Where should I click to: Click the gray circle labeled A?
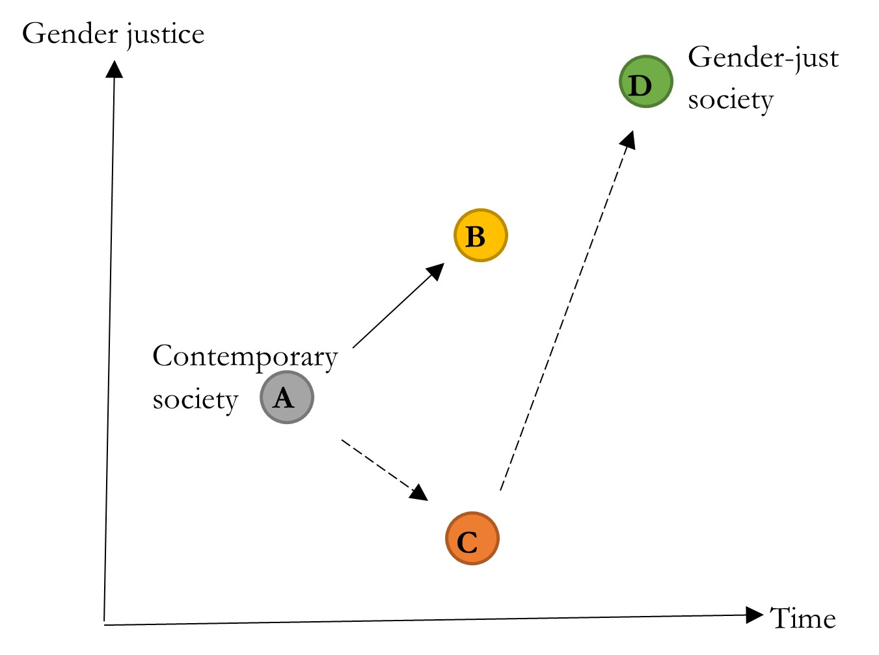point(287,397)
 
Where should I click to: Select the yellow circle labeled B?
point(480,235)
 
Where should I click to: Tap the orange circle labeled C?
point(472,539)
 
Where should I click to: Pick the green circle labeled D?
point(645,82)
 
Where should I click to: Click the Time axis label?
point(803,619)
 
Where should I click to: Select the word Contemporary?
point(245,357)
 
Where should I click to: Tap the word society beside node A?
point(195,399)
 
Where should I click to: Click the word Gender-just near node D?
point(763,59)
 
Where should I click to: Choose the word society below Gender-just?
point(731,100)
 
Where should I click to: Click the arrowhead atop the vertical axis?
point(115,69)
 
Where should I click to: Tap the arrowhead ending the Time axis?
point(755,615)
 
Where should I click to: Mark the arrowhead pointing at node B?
point(436,271)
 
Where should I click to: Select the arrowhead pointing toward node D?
point(628,139)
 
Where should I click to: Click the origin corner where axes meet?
point(105,624)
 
